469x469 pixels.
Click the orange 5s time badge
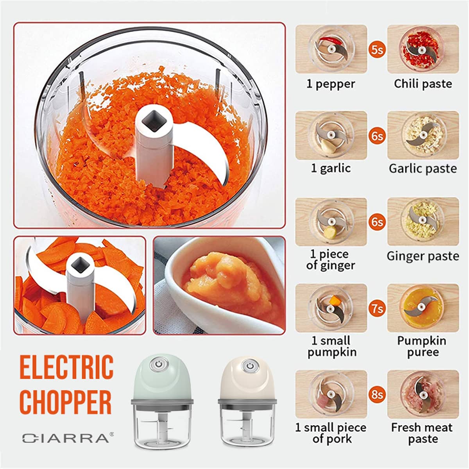pyautogui.click(x=377, y=50)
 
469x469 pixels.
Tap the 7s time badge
pyautogui.click(x=377, y=309)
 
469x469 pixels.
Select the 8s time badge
pyautogui.click(x=377, y=394)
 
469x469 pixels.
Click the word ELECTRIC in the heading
pyautogui.click(x=66, y=367)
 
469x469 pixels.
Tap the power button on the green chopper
pyautogui.click(x=158, y=365)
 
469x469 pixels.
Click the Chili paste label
pyautogui.click(x=423, y=84)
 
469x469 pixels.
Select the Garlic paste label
pyautogui.click(x=423, y=168)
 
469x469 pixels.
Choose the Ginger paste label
pyautogui.click(x=423, y=256)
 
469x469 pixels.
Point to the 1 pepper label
pyautogui.click(x=331, y=84)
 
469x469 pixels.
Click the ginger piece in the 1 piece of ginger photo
pyautogui.click(x=330, y=232)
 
